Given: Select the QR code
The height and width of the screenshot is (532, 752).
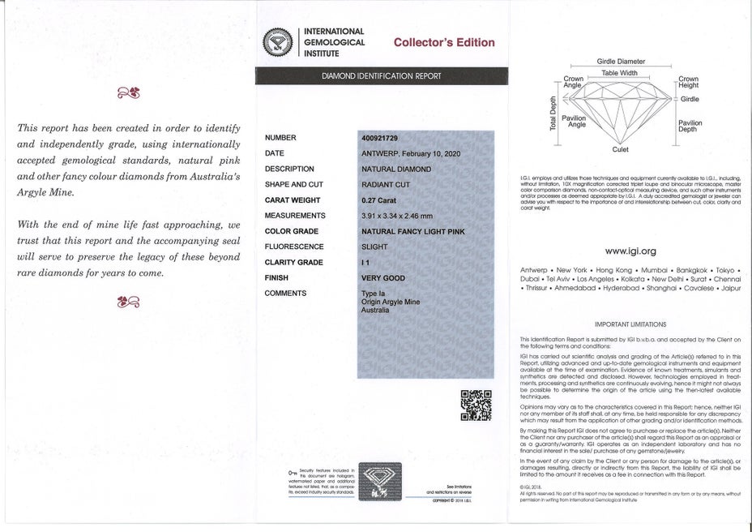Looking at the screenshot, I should (x=476, y=405).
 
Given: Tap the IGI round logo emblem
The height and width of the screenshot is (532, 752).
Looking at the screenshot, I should (x=280, y=42).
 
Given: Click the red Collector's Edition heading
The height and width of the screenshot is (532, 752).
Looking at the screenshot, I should (x=443, y=42).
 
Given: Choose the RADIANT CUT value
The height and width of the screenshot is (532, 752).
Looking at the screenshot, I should (x=385, y=185).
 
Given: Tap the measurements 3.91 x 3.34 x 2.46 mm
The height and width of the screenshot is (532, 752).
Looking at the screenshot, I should (x=397, y=216).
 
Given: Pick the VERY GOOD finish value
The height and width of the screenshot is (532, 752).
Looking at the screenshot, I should (x=383, y=277).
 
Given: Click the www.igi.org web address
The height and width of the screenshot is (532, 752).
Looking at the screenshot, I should (x=630, y=251).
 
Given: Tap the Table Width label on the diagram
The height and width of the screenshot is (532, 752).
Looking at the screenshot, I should (x=619, y=73).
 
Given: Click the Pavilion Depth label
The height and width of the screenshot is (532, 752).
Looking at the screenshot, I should (x=690, y=126).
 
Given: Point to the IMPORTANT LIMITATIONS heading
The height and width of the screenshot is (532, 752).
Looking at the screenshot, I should (x=630, y=324).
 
